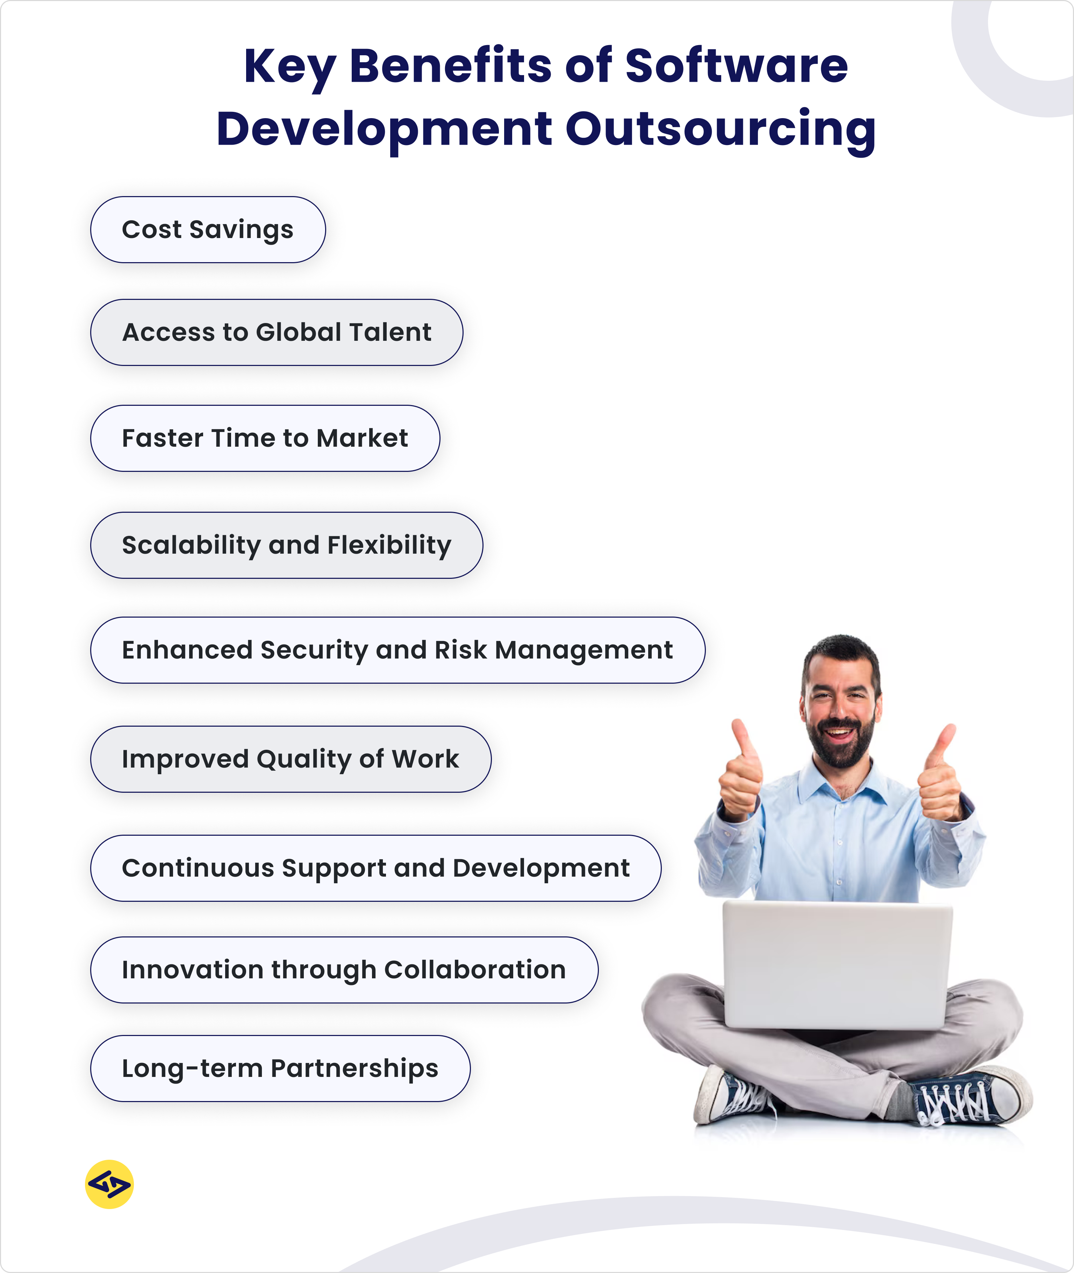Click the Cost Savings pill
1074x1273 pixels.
[x=208, y=230]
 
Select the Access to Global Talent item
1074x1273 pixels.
[x=277, y=332]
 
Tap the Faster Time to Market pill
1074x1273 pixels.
[x=265, y=438]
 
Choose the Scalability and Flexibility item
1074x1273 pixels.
[x=286, y=545]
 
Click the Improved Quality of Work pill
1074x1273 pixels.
[x=291, y=759]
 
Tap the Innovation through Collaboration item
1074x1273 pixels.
[x=344, y=970]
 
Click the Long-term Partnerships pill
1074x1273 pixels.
[x=280, y=1069]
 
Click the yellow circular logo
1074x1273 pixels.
[x=109, y=1184]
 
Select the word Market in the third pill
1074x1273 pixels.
[x=362, y=438]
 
